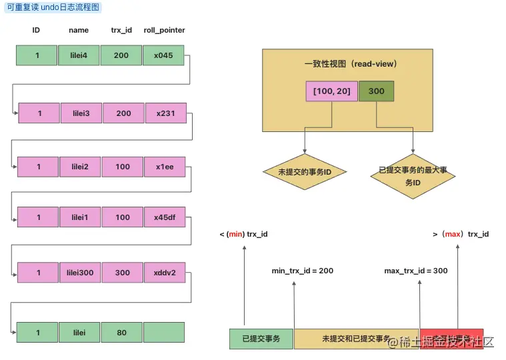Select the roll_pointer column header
pos(163,31)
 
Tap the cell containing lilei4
pos(79,55)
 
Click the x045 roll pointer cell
pos(163,55)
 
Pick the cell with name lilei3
pos(81,113)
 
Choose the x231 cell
pos(165,113)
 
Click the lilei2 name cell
pos(81,167)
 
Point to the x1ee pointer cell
pos(165,167)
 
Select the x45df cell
pos(165,217)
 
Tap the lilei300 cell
pos(81,272)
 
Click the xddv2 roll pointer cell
pos(165,272)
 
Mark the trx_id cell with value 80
pos(121,332)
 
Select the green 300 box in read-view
pos(376,91)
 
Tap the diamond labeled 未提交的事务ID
pos(305,172)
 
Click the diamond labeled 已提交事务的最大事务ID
pos(413,176)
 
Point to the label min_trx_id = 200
pos(302,271)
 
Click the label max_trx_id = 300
pos(416,271)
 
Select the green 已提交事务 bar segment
pos(261,339)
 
